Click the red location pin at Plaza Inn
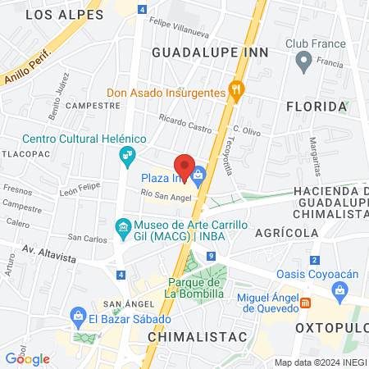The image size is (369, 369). (185, 166)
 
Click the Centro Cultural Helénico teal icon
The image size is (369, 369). (128, 154)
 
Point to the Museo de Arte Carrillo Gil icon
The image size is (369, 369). (122, 225)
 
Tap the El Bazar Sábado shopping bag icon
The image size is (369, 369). (79, 316)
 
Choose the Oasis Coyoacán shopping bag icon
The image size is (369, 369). (339, 289)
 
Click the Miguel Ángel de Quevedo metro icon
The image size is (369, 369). (306, 303)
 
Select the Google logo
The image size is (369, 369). (27, 358)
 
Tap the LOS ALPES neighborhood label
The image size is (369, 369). (65, 15)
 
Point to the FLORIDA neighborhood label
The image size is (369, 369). (316, 107)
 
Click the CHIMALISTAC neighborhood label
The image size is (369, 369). (186, 336)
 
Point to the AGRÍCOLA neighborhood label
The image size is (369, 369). (286, 233)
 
